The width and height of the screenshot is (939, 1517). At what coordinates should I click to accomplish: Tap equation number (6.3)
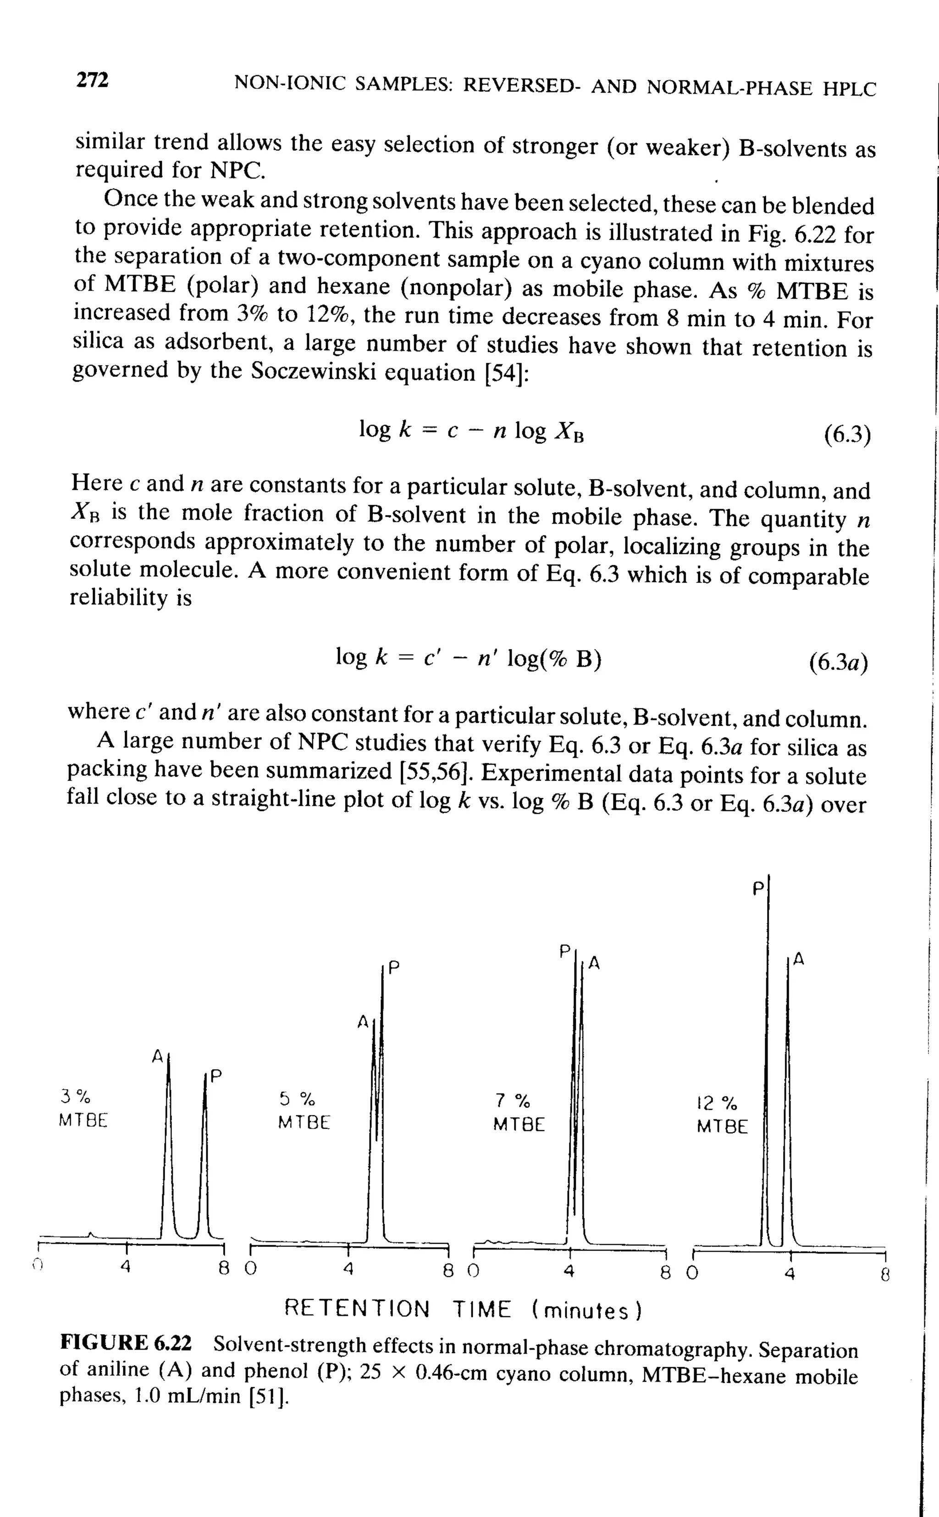click(847, 434)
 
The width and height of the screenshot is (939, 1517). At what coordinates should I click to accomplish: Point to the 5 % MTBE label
click(304, 1110)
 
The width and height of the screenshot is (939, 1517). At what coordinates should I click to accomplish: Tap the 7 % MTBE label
click(519, 1112)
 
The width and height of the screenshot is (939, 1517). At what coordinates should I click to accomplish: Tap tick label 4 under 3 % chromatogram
click(126, 1265)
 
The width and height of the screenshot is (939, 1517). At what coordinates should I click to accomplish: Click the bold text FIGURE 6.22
click(126, 1342)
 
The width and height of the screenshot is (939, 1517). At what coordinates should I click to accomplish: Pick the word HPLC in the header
click(849, 89)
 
